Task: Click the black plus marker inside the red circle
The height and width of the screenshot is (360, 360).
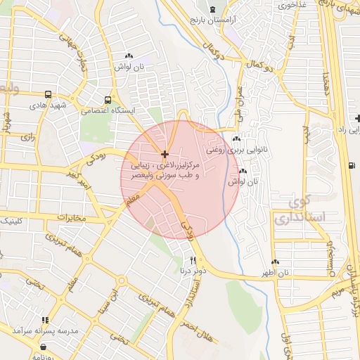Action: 165,154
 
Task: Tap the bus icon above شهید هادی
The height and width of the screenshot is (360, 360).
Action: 48,94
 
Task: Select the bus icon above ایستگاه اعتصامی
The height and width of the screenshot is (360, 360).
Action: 107,100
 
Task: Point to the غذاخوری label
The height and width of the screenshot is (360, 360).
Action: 292,5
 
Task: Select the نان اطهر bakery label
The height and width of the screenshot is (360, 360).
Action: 276,272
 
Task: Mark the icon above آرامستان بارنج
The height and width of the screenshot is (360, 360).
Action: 212,9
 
